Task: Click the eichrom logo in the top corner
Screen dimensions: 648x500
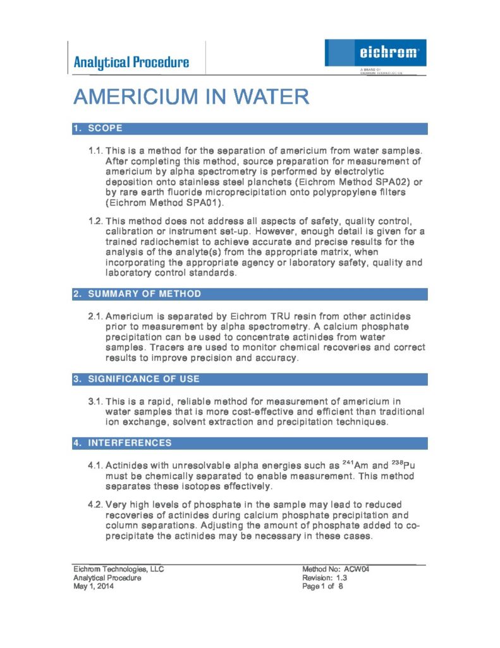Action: [376, 53]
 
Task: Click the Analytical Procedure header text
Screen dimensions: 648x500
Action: [131, 62]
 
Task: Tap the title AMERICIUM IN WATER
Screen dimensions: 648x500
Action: [191, 97]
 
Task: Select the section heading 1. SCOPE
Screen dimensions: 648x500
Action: [99, 128]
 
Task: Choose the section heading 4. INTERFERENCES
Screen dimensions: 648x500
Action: [123, 443]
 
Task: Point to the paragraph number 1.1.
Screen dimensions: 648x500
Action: [95, 151]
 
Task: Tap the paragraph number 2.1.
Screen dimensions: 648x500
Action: [95, 316]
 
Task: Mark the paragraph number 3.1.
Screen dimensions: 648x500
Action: [95, 401]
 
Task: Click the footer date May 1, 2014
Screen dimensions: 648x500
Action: [94, 586]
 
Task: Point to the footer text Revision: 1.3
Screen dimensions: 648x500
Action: [325, 577]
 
